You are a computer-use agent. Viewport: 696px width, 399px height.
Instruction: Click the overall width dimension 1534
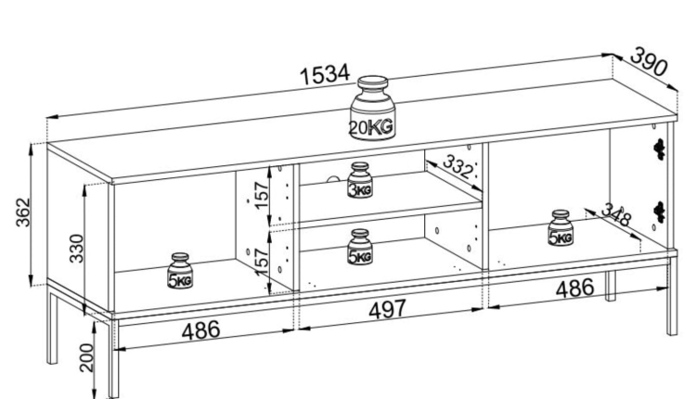coord(324,75)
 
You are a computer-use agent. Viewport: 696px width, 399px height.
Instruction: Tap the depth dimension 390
coord(651,62)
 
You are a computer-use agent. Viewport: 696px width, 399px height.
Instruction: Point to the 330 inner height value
coord(78,248)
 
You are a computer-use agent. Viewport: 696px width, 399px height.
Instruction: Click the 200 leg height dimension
coord(86,357)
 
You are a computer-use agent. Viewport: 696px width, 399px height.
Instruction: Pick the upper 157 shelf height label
coord(262,193)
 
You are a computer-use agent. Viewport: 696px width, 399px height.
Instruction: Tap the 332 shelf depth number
coord(457,167)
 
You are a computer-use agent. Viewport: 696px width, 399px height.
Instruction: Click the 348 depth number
coord(615,217)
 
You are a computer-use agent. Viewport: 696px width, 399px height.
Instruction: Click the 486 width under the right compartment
coord(574,289)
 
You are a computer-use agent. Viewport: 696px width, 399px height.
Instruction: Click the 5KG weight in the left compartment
coord(180,270)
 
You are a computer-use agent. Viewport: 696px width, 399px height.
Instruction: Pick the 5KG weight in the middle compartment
coord(360,246)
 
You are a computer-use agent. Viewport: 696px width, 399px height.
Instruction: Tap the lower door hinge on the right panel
coord(661,211)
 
